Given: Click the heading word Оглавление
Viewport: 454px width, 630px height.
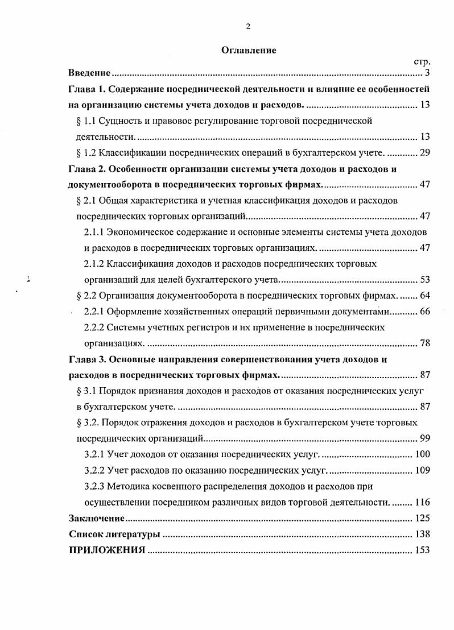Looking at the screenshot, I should coord(249,50).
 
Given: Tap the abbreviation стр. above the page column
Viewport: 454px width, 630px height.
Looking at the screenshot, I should coord(422,61).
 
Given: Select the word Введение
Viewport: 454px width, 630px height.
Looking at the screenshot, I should coord(89,73).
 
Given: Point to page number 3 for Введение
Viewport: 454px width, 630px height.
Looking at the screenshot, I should coord(427,73).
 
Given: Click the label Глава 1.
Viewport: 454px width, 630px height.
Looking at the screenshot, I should coord(86,89).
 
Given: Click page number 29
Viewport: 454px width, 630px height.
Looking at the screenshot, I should coord(424,152).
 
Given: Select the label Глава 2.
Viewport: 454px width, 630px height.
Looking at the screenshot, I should coord(86,168).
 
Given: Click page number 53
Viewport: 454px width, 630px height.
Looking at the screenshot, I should coord(424,279).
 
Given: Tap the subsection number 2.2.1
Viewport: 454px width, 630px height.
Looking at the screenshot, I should coord(94,311).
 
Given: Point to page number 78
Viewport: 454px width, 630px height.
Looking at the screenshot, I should coord(424,343).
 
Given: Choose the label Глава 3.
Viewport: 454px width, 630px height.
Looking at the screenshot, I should coord(86,359).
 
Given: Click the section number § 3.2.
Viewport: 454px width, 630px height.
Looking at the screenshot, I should coord(88,422).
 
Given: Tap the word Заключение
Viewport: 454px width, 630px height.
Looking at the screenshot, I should coord(96,518).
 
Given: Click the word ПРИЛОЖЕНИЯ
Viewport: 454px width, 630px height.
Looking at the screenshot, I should coord(106,550).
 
